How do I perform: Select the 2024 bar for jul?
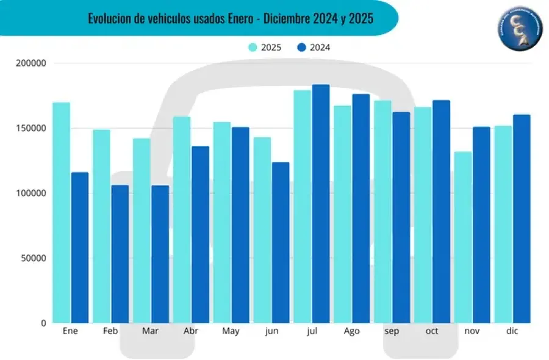pos(321,204)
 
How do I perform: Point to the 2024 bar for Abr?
pos(200,234)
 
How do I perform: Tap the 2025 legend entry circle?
pos(252,47)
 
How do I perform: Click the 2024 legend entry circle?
pos(301,47)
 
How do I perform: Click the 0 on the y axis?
pos(43,323)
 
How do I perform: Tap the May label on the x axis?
pos(231,331)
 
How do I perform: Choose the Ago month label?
pos(351,331)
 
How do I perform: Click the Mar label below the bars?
pos(150,331)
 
